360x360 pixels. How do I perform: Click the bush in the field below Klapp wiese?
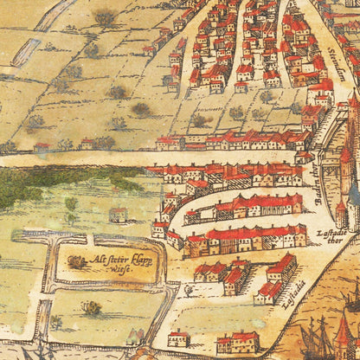tap(91, 306)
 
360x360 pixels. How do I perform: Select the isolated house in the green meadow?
tap(119, 214)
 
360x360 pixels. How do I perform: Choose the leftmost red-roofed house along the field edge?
tap(42, 148)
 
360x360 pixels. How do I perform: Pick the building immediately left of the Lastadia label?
tap(270, 292)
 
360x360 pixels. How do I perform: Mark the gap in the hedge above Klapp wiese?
tap(90, 239)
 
